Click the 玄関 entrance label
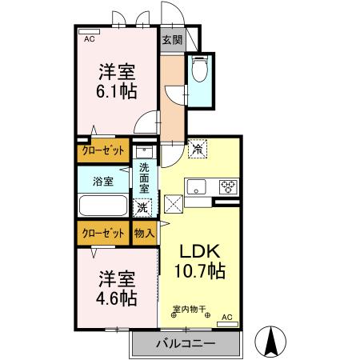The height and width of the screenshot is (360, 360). pyautogui.click(x=171, y=40)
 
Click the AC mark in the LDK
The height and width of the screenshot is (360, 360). pyautogui.click(x=226, y=317)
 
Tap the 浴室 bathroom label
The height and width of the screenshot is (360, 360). pyautogui.click(x=102, y=181)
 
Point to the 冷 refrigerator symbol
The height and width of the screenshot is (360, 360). pyautogui.click(x=197, y=149)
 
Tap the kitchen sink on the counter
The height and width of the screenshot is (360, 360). pyautogui.click(x=198, y=187)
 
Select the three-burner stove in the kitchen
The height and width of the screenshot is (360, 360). pyautogui.click(x=229, y=186)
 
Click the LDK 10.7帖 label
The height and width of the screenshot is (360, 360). pyautogui.click(x=200, y=259)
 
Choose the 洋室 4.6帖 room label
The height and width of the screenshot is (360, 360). pyautogui.click(x=118, y=289)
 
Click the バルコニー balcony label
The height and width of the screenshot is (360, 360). pyautogui.click(x=186, y=344)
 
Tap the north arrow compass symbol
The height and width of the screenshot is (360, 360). pyautogui.click(x=272, y=342)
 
